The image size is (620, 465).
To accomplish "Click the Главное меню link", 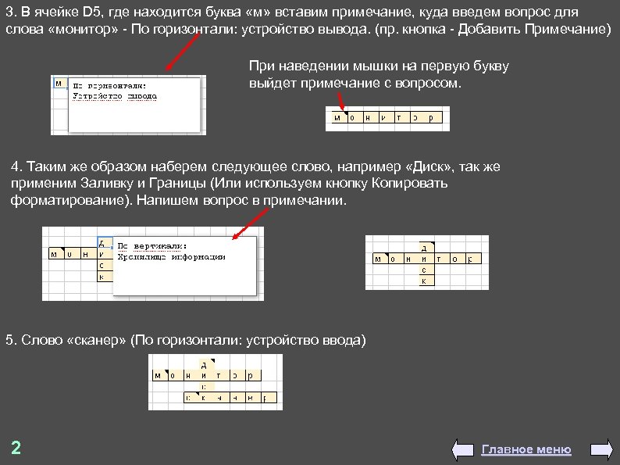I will (526, 449).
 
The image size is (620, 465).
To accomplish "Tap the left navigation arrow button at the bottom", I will (464, 450).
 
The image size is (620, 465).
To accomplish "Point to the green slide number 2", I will (16, 449).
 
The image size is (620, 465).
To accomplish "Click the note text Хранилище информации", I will (170, 256).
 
